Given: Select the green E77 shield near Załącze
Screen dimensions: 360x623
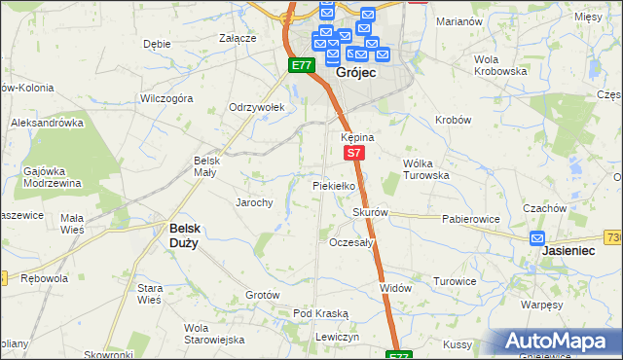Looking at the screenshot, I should point(301,65).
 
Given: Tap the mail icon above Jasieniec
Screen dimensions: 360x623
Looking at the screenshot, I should point(537,237).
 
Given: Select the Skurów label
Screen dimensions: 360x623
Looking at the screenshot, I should point(371,212).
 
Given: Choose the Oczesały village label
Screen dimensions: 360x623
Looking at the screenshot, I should point(352,242).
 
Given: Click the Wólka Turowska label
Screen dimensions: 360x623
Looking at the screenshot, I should point(426,168).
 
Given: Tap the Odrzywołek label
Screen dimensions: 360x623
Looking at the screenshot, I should point(256,107).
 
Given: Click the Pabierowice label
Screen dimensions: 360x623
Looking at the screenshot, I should point(470,220).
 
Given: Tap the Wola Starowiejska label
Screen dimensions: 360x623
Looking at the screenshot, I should point(214,334).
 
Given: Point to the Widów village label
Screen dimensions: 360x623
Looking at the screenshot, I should point(396,288).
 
